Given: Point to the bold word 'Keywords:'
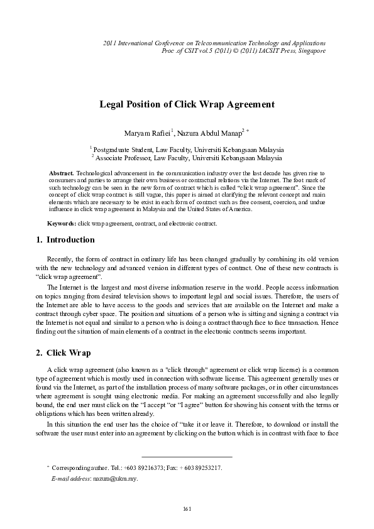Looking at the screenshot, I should pyautogui.click(x=62, y=224).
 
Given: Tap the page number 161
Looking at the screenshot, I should pyautogui.click(x=187, y=508).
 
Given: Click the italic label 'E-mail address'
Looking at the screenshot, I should pyautogui.click(x=71, y=479).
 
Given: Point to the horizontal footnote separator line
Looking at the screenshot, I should pyautogui.click(x=187, y=456).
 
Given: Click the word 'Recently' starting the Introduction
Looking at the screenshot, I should pyautogui.click(x=60, y=259).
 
